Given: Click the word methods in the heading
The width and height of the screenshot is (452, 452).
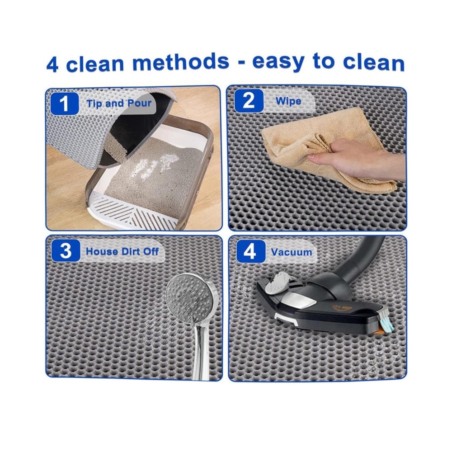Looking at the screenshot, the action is point(181,62).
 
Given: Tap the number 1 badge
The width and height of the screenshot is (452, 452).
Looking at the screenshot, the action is point(65,104).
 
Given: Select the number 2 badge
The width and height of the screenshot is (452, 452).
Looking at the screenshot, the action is point(249,101).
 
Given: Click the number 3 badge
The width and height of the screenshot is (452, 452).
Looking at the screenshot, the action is point(66,250).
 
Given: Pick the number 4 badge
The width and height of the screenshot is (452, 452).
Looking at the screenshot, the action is point(250,251).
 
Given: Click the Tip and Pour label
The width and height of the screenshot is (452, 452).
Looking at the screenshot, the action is point(119,104).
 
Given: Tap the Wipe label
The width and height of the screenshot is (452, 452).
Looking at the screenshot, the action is point(288,101).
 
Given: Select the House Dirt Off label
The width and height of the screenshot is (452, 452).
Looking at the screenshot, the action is point(122,251).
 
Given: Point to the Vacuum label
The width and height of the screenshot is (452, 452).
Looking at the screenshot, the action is point(292,252).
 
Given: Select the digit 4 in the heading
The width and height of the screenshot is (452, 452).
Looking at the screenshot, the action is point(52,64).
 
